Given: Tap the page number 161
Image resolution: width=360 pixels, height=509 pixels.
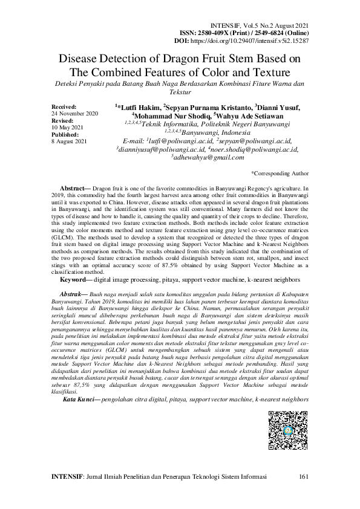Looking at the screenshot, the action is [x=304, y=478].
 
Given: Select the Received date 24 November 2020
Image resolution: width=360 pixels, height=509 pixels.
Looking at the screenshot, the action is [x=75, y=113].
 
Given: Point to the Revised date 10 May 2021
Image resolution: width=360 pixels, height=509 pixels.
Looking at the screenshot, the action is [x=66, y=127].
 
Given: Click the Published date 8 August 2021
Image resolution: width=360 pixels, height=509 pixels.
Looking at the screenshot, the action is [x=70, y=141].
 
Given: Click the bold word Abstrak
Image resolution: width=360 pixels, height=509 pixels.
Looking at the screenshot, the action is [x=74, y=291].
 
